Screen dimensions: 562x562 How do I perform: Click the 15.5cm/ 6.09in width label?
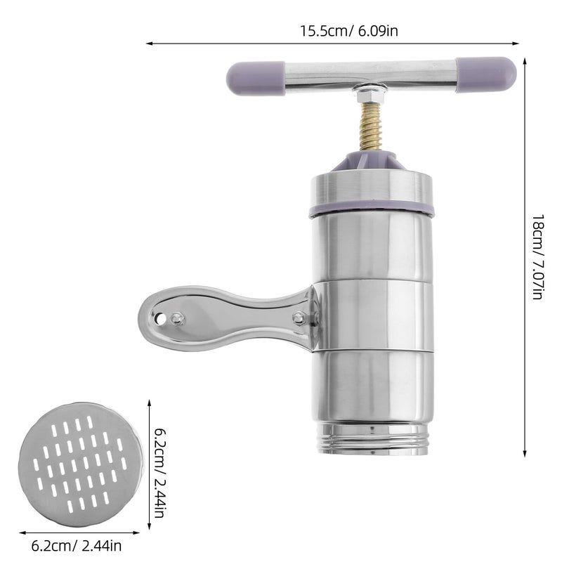pyautogui.click(x=348, y=31)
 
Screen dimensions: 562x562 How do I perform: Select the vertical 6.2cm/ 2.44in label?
pyautogui.click(x=159, y=473)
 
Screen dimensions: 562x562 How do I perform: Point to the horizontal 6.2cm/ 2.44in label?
pyautogui.click(x=77, y=547)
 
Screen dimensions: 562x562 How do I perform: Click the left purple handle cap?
pyautogui.click(x=256, y=79)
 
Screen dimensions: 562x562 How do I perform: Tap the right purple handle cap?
pyautogui.click(x=486, y=74)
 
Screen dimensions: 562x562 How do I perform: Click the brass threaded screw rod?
pyautogui.click(x=372, y=126)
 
